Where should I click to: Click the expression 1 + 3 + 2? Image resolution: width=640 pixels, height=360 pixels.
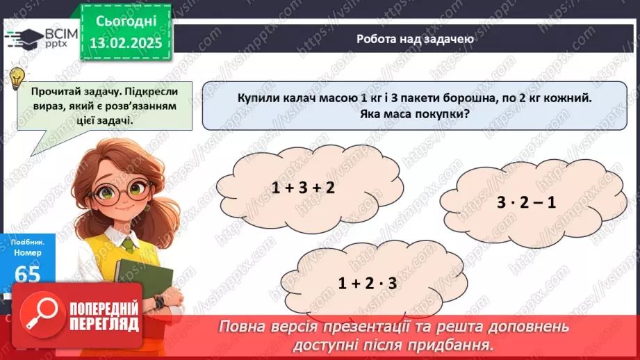[x=303, y=188]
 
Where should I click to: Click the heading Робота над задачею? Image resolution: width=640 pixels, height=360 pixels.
[x=415, y=39]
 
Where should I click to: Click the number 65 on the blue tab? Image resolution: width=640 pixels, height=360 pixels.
[x=26, y=275]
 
